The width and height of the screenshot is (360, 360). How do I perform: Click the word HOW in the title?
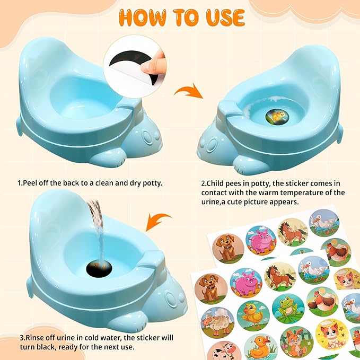coord(142,17)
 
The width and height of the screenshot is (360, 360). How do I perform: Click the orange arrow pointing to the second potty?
coord(189,91)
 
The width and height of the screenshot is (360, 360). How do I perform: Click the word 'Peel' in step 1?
coord(30,183)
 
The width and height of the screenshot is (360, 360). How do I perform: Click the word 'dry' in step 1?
coord(134,183)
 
